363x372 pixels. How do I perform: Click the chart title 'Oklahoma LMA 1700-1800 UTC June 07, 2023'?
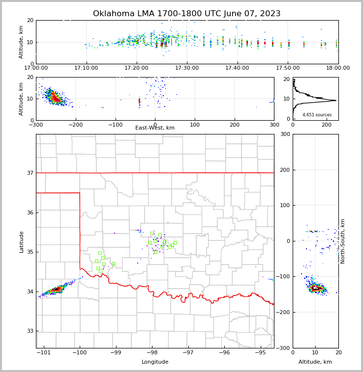[187, 14]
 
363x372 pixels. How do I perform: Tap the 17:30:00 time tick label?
[187, 68]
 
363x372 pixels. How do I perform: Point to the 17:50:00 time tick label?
[288, 68]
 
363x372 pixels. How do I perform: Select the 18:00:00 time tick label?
[338, 68]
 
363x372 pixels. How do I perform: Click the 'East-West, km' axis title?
[155, 128]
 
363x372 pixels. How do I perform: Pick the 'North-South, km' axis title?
[343, 241]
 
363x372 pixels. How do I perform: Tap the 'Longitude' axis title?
[155, 362]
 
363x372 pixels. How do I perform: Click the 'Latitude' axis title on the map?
[21, 241]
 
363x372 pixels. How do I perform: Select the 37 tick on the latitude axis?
[30, 173]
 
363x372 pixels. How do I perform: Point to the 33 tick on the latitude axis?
[30, 331]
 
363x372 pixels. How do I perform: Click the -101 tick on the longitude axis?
[44, 352]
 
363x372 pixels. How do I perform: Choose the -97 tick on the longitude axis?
[188, 352]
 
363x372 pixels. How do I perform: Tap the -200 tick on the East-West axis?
[75, 125]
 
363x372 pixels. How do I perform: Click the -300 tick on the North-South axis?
[284, 348]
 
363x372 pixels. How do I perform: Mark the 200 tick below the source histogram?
[326, 125]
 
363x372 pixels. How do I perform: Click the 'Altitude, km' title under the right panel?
[315, 362]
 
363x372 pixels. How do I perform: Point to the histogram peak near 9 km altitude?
[335, 101]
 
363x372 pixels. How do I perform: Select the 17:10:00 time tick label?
[87, 68]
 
